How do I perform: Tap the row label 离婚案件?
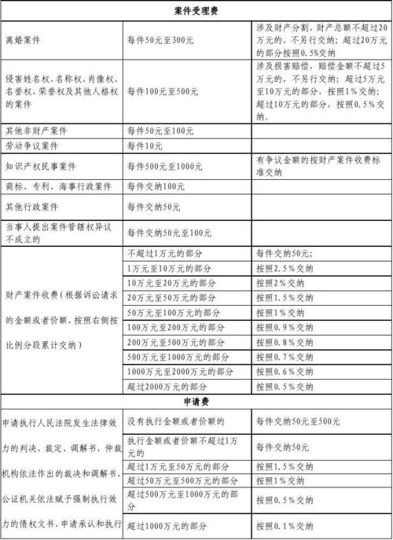point(23,39)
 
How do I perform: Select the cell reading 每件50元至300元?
point(158,39)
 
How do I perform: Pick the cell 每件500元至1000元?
point(164,166)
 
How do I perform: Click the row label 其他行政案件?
point(31,207)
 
